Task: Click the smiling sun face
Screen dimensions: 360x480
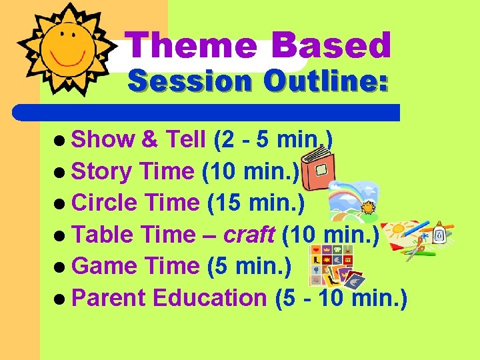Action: (66, 47)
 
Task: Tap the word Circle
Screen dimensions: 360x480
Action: (103, 203)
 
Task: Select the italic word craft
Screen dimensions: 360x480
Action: (249, 235)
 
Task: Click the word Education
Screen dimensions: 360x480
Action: (209, 298)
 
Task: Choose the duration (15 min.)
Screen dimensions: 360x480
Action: (256, 203)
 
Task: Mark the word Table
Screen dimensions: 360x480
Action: (99, 235)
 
